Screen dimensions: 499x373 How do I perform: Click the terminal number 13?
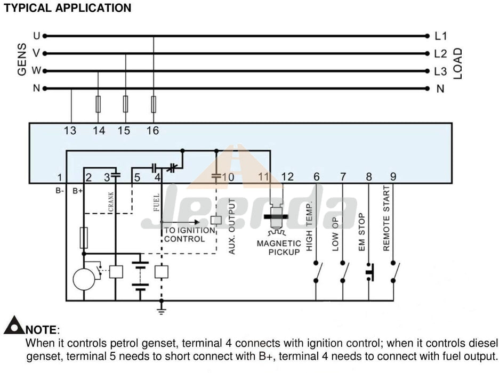click(x=70, y=131)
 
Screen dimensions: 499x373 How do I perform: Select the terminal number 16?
click(x=152, y=131)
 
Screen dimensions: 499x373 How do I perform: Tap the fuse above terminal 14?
click(x=98, y=104)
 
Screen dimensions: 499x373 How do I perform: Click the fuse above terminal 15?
click(x=126, y=104)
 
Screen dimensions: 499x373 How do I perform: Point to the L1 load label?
click(x=441, y=36)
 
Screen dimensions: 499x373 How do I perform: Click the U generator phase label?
click(x=37, y=36)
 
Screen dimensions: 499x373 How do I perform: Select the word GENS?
click(x=22, y=60)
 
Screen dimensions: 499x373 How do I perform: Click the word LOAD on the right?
click(x=457, y=63)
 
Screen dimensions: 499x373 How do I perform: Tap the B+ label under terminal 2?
click(x=78, y=191)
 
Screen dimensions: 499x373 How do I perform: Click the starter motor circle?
click(x=84, y=280)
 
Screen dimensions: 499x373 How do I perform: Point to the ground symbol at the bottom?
click(x=162, y=311)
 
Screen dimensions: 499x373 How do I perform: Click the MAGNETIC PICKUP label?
click(x=279, y=248)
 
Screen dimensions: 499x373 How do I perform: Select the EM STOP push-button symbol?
click(x=370, y=272)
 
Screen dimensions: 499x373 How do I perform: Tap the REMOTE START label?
click(x=386, y=218)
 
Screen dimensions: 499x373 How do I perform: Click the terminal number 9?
click(x=393, y=176)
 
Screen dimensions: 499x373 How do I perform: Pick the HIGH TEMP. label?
click(x=309, y=226)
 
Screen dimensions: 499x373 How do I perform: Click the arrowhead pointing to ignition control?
click(x=197, y=222)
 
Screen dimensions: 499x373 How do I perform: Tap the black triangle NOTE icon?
click(x=14, y=325)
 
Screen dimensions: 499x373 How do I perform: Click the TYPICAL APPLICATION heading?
click(x=68, y=8)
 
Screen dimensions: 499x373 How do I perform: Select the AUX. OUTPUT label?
click(x=232, y=226)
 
